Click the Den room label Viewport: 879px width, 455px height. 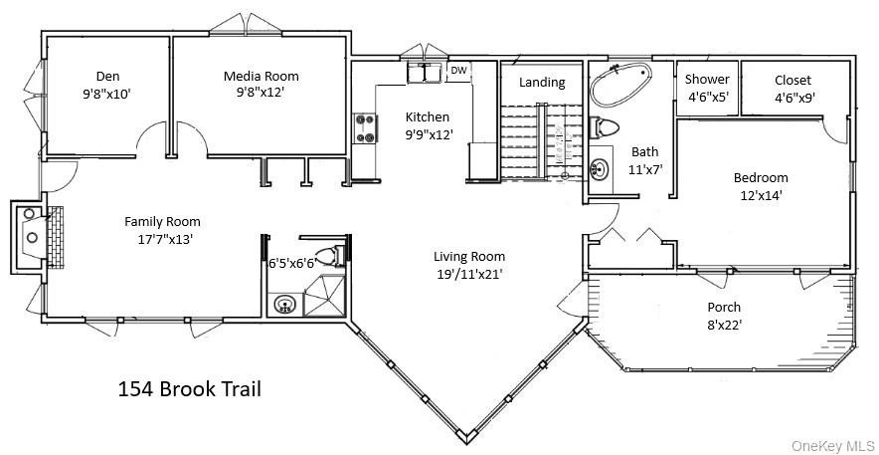click(x=107, y=76)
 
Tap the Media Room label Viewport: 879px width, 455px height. click(x=261, y=76)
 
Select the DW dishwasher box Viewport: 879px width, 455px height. click(x=458, y=71)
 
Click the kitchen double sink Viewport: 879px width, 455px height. click(x=426, y=74)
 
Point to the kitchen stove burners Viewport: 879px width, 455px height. click(x=364, y=128)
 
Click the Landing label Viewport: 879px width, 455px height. click(x=542, y=83)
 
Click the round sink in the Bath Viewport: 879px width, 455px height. click(x=602, y=168)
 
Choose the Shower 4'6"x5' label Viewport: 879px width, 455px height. click(x=708, y=80)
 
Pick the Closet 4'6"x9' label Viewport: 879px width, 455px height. click(x=792, y=80)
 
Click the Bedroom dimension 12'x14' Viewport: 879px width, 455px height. click(x=760, y=195)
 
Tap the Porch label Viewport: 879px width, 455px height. click(x=723, y=307)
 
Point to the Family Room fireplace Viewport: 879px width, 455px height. click(x=39, y=237)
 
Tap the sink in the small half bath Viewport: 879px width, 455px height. click(x=286, y=304)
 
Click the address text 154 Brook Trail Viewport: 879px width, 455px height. click(x=189, y=388)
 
